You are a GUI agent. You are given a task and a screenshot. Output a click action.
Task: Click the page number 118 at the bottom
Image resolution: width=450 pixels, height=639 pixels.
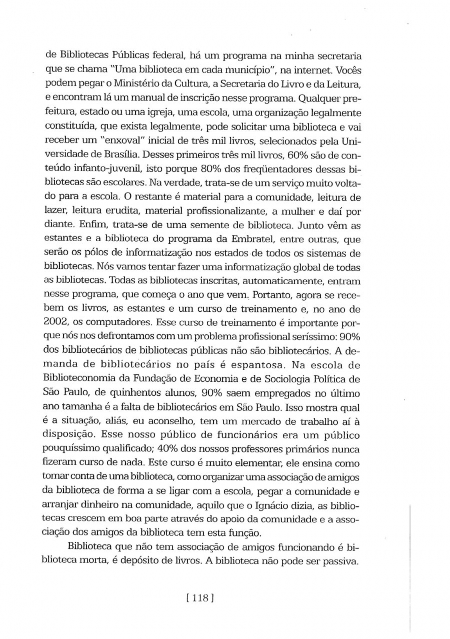pos(200,599)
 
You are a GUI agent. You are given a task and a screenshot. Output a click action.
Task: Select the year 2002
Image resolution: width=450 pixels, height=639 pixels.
pos(55,322)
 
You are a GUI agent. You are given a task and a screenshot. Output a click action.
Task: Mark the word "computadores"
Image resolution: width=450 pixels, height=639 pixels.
pos(118,322)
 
